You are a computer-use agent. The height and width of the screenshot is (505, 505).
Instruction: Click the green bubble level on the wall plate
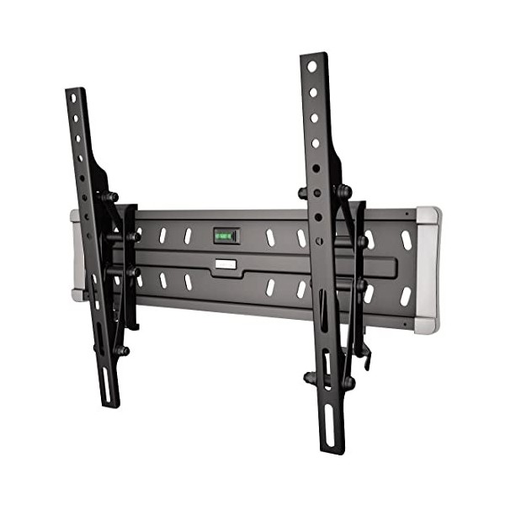226,236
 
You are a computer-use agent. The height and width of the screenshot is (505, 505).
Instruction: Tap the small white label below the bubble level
225,264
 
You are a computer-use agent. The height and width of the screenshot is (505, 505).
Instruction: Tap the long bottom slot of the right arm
328,426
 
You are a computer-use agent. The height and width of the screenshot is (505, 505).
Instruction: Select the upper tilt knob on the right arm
343,191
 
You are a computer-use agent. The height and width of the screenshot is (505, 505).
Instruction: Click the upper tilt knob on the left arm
110,197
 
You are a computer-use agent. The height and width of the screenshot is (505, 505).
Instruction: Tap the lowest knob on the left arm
122,350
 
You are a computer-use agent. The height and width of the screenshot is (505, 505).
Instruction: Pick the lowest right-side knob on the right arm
347,383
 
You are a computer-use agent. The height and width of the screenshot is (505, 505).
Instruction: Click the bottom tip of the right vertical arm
331,450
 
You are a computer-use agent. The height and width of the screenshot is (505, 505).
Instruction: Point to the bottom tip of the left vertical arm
109,404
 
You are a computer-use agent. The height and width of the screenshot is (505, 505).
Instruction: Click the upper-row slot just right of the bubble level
270,237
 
